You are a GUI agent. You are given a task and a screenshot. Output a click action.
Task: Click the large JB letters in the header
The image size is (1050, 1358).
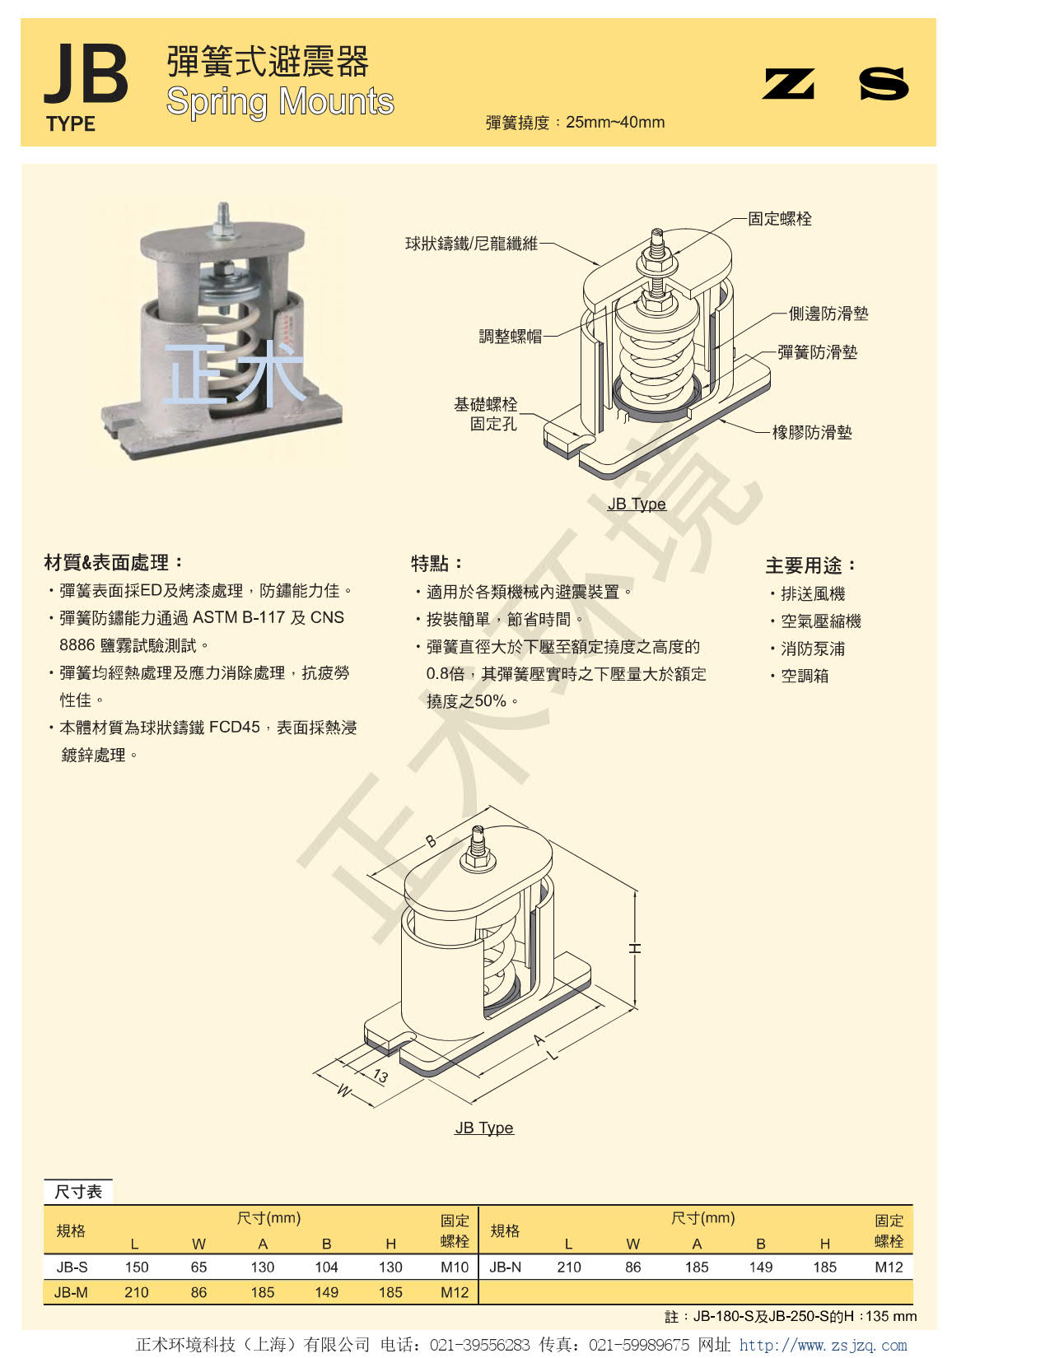[86, 74]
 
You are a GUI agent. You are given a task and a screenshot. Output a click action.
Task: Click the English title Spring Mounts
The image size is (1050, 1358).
[280, 102]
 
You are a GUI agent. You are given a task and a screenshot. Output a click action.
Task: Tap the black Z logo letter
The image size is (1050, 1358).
[789, 84]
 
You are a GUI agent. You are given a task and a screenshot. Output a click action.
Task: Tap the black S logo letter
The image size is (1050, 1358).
[884, 84]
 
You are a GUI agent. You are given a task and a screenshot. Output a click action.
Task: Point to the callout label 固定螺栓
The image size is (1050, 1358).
[780, 219]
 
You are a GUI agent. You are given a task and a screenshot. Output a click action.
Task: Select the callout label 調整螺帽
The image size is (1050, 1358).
[511, 337]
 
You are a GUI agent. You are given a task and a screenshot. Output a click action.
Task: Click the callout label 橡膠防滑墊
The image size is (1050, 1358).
[812, 432]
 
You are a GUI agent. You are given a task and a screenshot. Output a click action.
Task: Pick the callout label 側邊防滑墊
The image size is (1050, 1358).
[828, 313]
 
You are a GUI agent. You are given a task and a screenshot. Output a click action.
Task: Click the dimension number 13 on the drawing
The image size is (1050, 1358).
[380, 1076]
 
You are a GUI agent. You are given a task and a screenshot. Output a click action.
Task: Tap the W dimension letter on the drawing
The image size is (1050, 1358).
[344, 1091]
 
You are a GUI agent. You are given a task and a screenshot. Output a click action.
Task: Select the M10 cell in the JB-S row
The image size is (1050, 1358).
[455, 1267]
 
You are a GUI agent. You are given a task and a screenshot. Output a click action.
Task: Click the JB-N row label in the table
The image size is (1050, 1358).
[506, 1267]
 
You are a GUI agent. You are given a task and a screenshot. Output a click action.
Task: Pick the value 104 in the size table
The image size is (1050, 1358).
[326, 1267]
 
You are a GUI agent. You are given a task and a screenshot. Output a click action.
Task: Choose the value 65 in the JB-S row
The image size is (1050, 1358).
[198, 1267]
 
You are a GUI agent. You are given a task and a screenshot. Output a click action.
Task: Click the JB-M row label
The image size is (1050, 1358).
[71, 1292]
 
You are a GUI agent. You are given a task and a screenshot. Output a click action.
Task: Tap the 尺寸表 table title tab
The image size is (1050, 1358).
[78, 1192]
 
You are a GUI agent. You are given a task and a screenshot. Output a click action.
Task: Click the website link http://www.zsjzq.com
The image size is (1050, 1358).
[823, 1345]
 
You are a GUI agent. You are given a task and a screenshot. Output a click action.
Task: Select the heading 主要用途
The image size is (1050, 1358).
[810, 565]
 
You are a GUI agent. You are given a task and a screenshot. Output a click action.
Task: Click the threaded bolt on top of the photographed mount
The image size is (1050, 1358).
[223, 219]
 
